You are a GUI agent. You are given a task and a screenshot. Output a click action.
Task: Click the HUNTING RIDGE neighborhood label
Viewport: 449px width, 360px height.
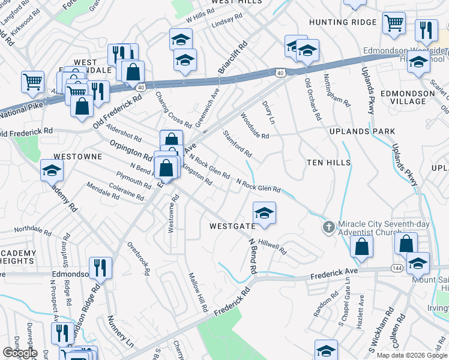point(343,22)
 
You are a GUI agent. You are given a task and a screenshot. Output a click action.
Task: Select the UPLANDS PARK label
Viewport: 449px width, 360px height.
point(363,131)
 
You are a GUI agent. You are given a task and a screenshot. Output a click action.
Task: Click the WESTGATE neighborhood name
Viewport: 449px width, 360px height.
point(232,226)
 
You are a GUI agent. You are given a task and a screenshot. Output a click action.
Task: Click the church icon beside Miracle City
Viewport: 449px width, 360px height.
point(328,227)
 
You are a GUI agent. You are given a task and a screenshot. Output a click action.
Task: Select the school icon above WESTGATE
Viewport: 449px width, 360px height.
point(264,213)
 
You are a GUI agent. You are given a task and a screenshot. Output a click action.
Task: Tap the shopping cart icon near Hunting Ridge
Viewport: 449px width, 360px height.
point(394,23)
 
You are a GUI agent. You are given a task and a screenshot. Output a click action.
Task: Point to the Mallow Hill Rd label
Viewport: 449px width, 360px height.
point(197,292)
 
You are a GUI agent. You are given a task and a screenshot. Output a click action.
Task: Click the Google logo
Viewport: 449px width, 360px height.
point(19,353)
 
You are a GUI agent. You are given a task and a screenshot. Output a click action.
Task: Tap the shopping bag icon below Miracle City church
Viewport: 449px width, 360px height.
point(362,247)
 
